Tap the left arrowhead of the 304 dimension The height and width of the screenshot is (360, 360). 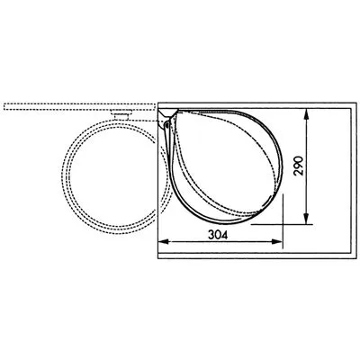click(x=162, y=242)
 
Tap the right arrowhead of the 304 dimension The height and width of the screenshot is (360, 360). click(x=281, y=242)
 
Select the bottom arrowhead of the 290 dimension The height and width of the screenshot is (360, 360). click(x=308, y=222)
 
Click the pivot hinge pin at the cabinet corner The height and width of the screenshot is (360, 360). click(x=167, y=126)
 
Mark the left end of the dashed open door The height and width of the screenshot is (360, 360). click(x=4, y=107)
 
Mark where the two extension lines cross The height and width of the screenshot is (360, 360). click(x=281, y=225)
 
